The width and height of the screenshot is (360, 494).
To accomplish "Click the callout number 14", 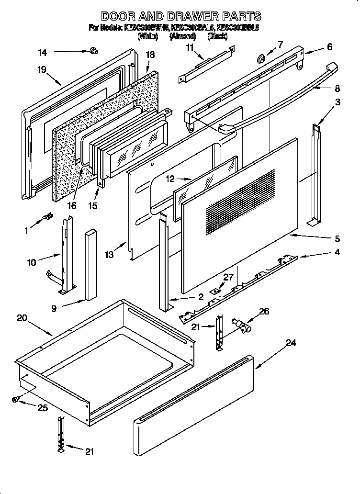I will pos(42,52).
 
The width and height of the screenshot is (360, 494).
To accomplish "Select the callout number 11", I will pos(190,47).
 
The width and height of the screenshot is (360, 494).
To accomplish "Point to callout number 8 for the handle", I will pos(337,88).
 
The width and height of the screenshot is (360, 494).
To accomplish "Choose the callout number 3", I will pos(337,102).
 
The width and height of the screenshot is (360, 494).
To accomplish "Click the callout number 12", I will pos(170,180).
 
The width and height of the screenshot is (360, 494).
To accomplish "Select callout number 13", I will pos(110,255).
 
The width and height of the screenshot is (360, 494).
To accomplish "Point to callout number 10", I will pos(32,262).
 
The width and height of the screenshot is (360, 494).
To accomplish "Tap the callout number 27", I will pos(228,277).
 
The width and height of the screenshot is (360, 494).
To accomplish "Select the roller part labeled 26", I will pos(240,326).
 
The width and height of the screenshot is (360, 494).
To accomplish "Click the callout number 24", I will pos(291,343).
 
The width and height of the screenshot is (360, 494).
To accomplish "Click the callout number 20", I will pos(21,318).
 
